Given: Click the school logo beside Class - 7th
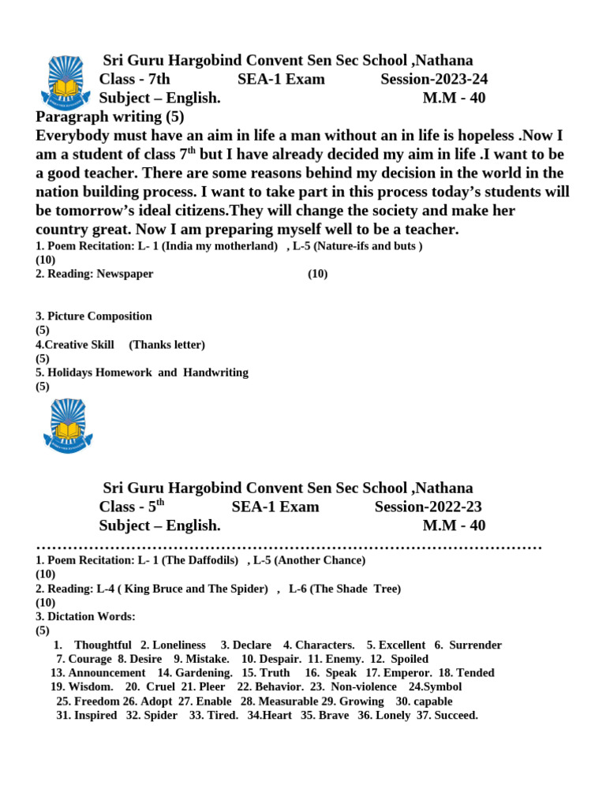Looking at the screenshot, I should pyautogui.click(x=66, y=81).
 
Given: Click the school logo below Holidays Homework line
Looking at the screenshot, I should pyautogui.click(x=68, y=427).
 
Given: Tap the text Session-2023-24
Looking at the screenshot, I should pyautogui.click(x=434, y=79).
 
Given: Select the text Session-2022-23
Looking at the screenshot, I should pyautogui.click(x=428, y=507).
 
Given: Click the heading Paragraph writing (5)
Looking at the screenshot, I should pyautogui.click(x=110, y=117).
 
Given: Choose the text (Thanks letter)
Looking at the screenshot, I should pyautogui.click(x=166, y=345).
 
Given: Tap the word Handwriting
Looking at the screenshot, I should pyautogui.click(x=215, y=372).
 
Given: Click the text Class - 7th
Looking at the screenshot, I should pyautogui.click(x=134, y=79).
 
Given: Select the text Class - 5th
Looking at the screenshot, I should pyautogui.click(x=132, y=507).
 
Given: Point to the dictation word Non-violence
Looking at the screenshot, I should pyautogui.click(x=364, y=686).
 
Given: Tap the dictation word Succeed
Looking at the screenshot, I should pyautogui.click(x=454, y=715).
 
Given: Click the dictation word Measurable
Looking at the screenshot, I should pyautogui.click(x=288, y=701).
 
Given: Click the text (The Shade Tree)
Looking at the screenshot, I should pyautogui.click(x=356, y=589).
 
